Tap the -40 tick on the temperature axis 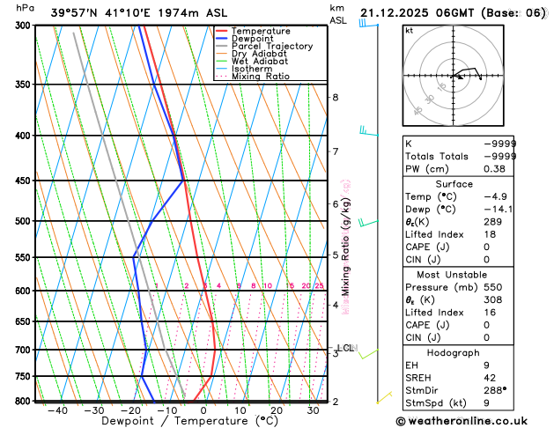[57, 410]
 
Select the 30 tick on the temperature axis [313, 410]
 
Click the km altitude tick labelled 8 [335, 97]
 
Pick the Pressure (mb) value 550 [504, 287]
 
